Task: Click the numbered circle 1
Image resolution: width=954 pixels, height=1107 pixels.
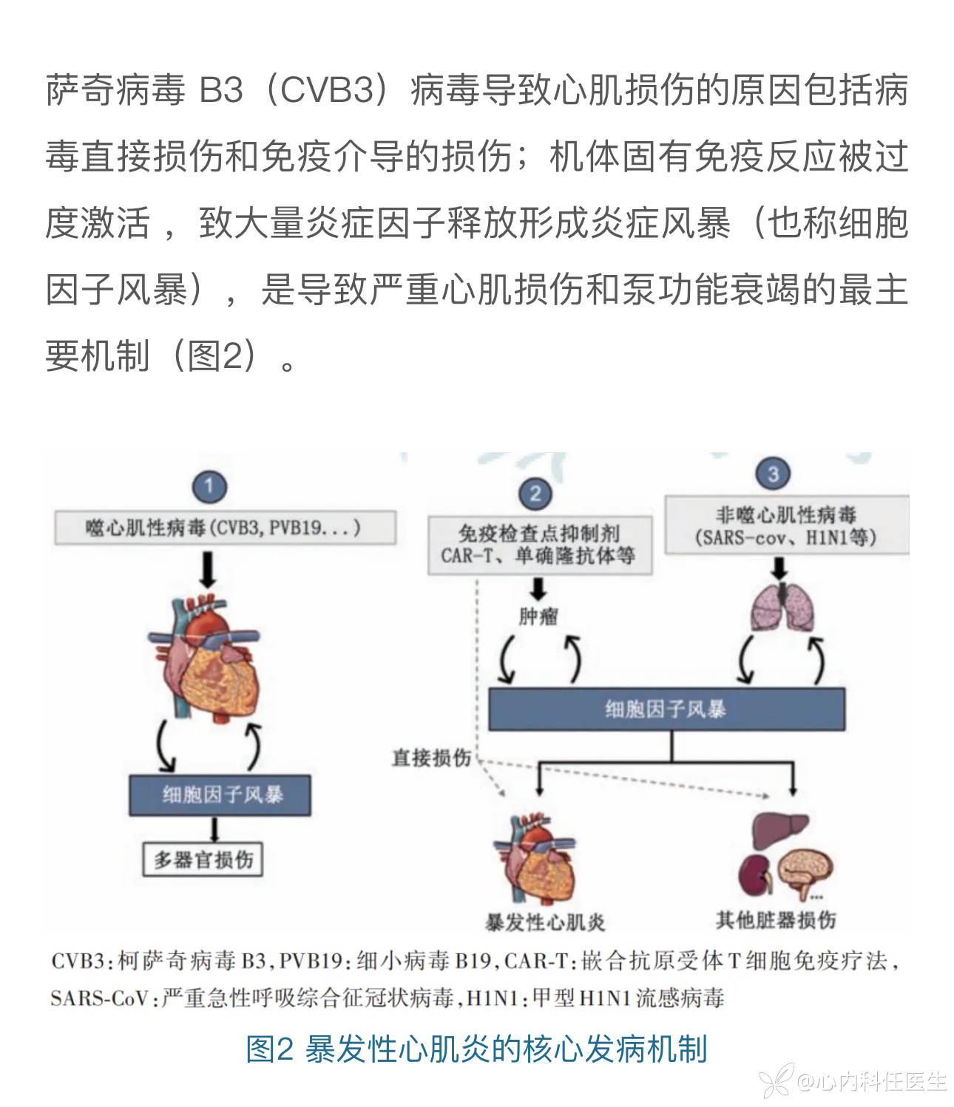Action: point(209,486)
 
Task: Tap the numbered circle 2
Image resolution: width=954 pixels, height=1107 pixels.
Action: point(535,493)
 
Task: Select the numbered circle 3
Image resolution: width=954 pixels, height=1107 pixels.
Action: point(773,474)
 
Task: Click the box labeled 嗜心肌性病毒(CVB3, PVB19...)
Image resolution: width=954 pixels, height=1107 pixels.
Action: point(225,528)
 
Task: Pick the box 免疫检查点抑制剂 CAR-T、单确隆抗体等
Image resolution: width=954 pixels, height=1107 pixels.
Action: point(539,545)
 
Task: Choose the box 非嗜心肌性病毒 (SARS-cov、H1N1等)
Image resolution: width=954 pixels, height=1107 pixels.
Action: point(785,525)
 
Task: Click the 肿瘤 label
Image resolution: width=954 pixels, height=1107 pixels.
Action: point(538,616)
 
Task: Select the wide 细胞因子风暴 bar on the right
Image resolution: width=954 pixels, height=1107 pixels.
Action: point(666,709)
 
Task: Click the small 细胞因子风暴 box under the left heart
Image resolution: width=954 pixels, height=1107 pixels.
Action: point(220,795)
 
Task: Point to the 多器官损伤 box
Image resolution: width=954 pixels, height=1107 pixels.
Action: point(203,859)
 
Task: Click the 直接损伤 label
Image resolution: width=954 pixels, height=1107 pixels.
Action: point(431,757)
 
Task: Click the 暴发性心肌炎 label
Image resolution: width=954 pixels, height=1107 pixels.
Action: point(545,922)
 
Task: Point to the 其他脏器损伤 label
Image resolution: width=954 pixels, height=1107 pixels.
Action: point(776,920)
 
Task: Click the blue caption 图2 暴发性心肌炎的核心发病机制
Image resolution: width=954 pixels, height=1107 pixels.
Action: point(476,1049)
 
